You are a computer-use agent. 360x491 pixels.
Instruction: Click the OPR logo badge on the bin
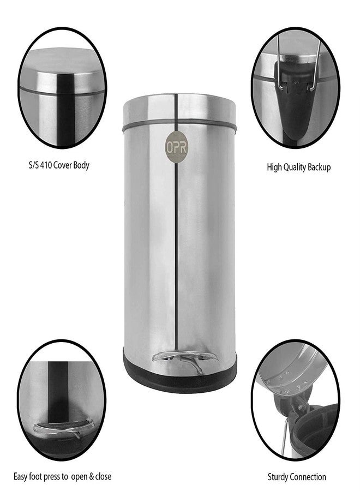point(177,147)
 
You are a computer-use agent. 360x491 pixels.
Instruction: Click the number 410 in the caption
point(45,165)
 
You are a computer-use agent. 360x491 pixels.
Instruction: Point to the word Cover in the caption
point(63,165)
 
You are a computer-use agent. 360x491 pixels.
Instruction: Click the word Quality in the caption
point(294,167)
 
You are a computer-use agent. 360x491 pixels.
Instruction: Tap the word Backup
point(319,167)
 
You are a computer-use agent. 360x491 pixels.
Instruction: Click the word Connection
point(307,477)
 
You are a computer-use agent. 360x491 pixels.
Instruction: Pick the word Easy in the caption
point(20,477)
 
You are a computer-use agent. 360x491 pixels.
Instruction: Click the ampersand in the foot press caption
point(92,477)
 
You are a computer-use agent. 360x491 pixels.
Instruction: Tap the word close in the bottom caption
point(103,477)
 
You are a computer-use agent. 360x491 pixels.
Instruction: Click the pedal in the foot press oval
point(64,428)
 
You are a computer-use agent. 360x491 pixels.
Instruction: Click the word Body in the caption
point(82,165)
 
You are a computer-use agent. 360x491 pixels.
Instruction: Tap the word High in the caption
point(274,167)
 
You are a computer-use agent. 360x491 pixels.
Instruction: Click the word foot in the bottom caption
point(35,477)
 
